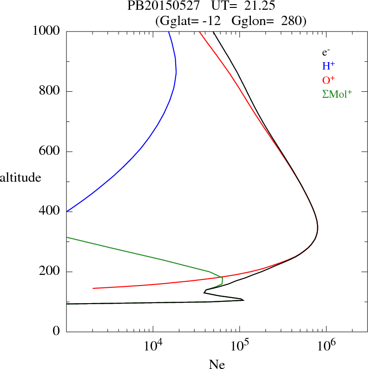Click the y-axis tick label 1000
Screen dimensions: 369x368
pyautogui.click(x=46, y=31)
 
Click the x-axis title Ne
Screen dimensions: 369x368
pyautogui.click(x=217, y=364)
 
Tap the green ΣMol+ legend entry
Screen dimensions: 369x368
pyautogui.click(x=337, y=93)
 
